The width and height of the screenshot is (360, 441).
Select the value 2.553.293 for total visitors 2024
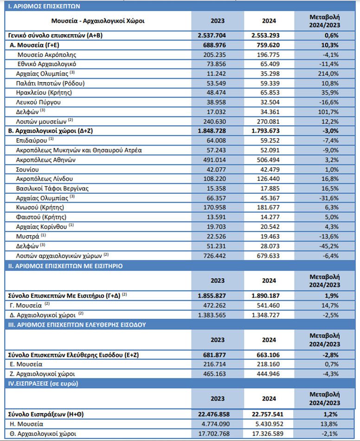[269, 35]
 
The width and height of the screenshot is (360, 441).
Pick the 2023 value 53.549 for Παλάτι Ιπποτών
[218, 83]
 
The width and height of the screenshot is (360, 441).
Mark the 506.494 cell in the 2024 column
[269, 160]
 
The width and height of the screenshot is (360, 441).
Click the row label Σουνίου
[29, 169]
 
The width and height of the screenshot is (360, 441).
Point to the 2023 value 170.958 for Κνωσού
[218, 207]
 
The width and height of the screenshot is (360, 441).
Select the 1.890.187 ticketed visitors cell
[269, 295]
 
